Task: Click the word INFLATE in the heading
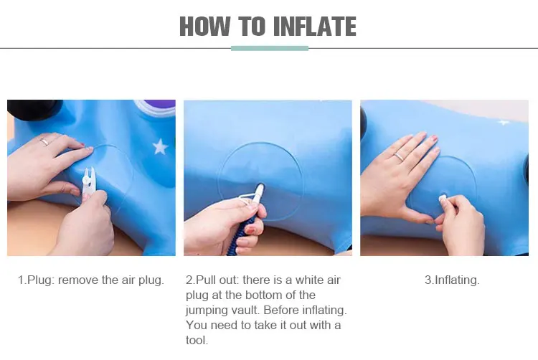(315, 27)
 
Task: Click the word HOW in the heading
(205, 27)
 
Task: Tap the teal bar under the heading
(270, 48)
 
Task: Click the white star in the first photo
(160, 146)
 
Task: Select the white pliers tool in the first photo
(88, 182)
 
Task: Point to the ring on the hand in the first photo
(45, 141)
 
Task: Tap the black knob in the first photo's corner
(34, 109)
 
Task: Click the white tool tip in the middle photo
(260, 190)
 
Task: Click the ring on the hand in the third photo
(399, 157)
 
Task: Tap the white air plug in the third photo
(443, 198)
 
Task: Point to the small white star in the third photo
(503, 123)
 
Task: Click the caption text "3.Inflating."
(452, 280)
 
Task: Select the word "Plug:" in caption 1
(41, 281)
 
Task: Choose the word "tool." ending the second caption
(197, 341)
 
